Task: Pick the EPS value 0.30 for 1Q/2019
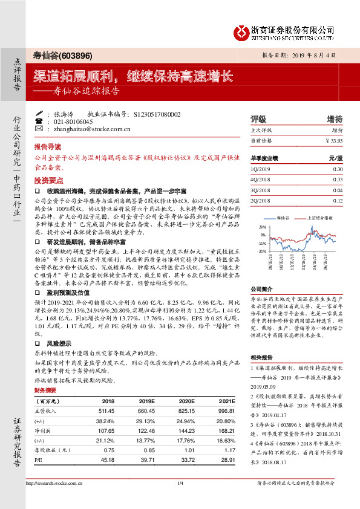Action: (338, 169)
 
